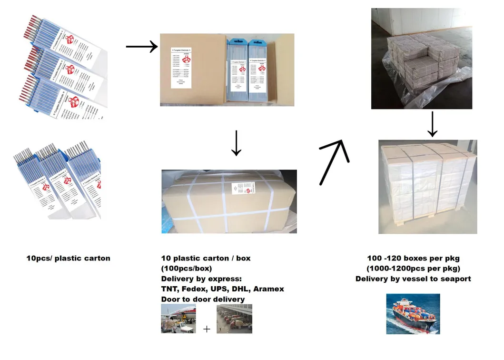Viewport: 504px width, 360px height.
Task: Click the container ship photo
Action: pyautogui.click(x=413, y=313)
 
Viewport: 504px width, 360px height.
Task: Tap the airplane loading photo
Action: pyautogui.click(x=178, y=319)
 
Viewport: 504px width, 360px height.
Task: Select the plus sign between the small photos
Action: pyautogui.click(x=207, y=329)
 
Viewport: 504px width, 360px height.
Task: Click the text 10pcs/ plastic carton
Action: pyautogui.click(x=68, y=258)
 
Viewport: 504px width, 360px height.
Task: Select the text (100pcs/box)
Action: pyautogui.click(x=186, y=269)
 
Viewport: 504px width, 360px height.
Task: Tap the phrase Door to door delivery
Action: pyautogui.click(x=203, y=300)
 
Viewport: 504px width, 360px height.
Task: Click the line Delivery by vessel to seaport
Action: pyautogui.click(x=413, y=279)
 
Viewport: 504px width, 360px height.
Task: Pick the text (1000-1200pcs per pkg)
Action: pyautogui.click(x=413, y=269)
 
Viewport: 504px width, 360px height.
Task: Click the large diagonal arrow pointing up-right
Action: pyautogui.click(x=335, y=162)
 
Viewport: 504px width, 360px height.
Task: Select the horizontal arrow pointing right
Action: pyautogui.click(x=141, y=47)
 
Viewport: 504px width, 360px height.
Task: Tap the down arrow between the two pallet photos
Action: pyautogui.click(x=432, y=124)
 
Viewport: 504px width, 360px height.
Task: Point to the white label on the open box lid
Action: pyautogui.click(x=181, y=67)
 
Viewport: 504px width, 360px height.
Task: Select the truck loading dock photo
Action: pyautogui.click(x=234, y=319)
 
